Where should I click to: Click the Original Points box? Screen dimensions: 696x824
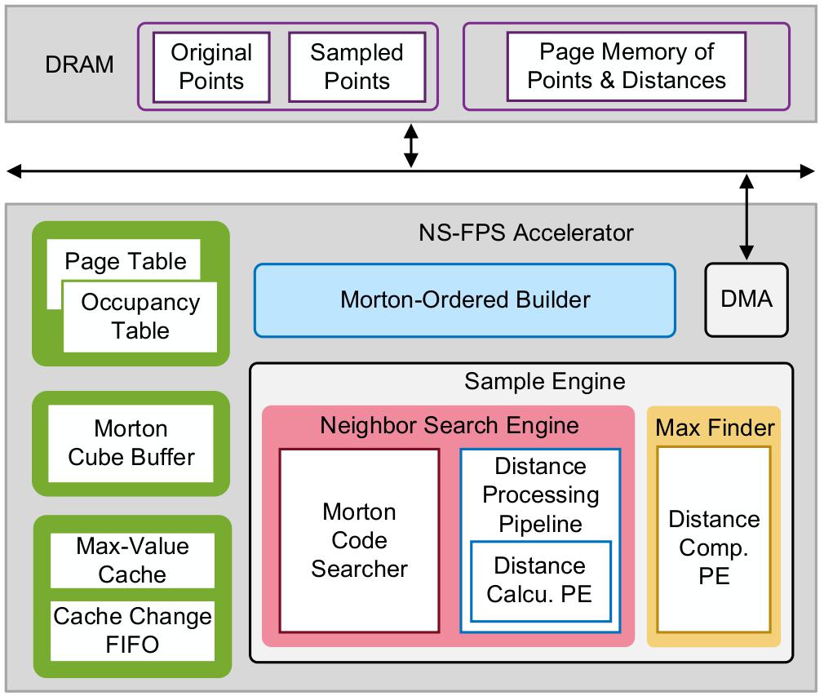[x=211, y=67]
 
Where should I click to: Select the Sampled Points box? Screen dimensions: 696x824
[x=357, y=67]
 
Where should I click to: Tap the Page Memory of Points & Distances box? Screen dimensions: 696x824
[x=626, y=66]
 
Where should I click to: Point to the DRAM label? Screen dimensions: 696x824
[x=79, y=65]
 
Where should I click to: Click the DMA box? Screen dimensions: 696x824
[x=746, y=299]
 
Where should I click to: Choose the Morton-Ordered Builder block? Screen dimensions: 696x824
[x=464, y=300]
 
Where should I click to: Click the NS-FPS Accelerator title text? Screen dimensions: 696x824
[x=525, y=233]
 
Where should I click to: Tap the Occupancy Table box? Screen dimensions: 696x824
[x=140, y=317]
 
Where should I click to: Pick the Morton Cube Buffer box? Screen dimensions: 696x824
[x=131, y=443]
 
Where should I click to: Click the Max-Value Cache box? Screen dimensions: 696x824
[x=132, y=561]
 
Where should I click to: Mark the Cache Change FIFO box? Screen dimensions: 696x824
[x=132, y=631]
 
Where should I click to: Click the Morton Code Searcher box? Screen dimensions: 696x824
[x=359, y=540]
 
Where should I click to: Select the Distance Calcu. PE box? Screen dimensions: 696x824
[x=539, y=579]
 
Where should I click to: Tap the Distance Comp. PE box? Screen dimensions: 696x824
[x=714, y=548]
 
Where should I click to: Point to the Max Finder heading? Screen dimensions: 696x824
[x=715, y=428]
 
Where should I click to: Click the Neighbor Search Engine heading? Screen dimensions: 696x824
[x=449, y=425]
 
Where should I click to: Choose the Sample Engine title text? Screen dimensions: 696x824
[x=544, y=381]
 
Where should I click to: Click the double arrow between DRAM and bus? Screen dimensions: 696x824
[x=411, y=146]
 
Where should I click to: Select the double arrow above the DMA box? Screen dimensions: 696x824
[x=746, y=216]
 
